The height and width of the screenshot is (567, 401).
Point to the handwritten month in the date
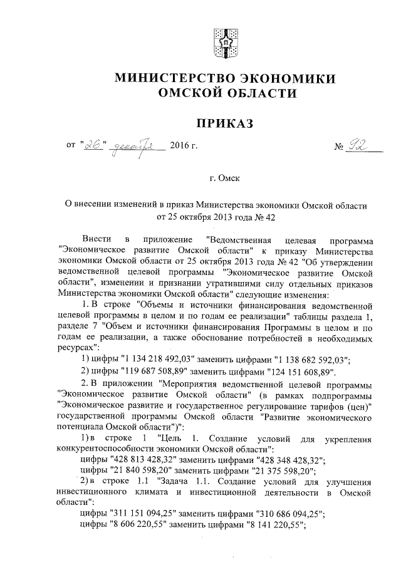[140, 148]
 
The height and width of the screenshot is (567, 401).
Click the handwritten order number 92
[361, 146]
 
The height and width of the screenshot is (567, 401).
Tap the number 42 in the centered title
[269, 217]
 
